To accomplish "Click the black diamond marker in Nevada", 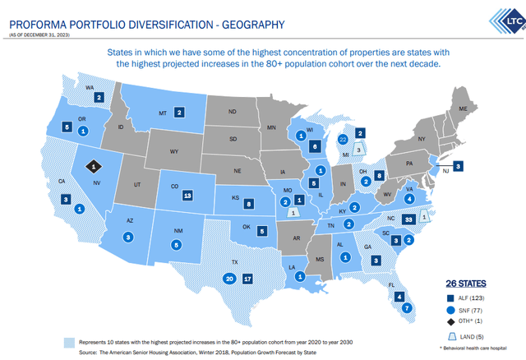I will (95, 165).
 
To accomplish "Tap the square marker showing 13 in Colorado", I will (188, 196).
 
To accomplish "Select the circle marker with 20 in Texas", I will (229, 279).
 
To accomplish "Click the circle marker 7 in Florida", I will (406, 308).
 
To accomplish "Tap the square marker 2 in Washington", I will (99, 97).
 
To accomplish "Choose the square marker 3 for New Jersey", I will (458, 165).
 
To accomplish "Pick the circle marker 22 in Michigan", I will (343, 141).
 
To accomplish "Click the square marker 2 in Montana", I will (178, 113).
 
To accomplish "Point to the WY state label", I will (174, 152).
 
